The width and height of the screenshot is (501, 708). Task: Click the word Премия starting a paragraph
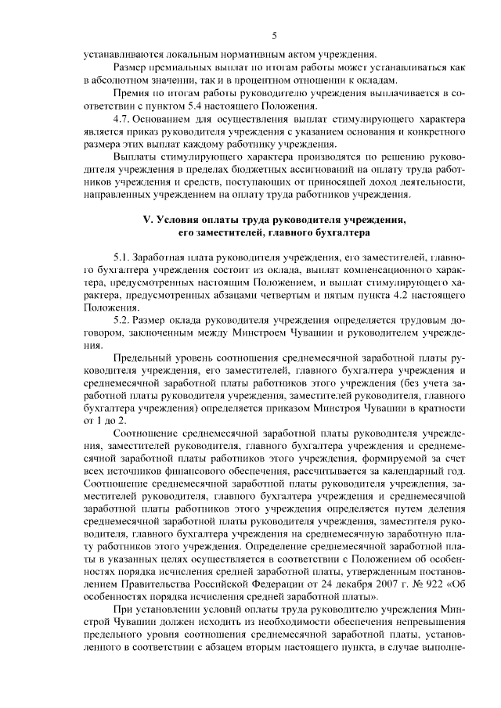coord(132,93)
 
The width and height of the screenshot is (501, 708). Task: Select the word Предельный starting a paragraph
coord(142,359)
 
